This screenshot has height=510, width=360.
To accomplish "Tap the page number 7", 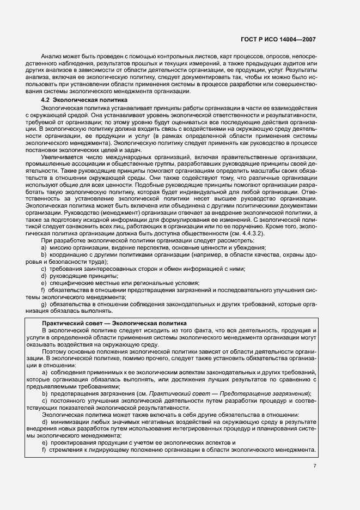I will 315,465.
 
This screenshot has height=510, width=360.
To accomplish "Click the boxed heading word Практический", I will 61,323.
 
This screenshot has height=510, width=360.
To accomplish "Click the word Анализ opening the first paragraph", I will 52,57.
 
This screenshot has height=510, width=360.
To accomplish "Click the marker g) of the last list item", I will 43,303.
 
